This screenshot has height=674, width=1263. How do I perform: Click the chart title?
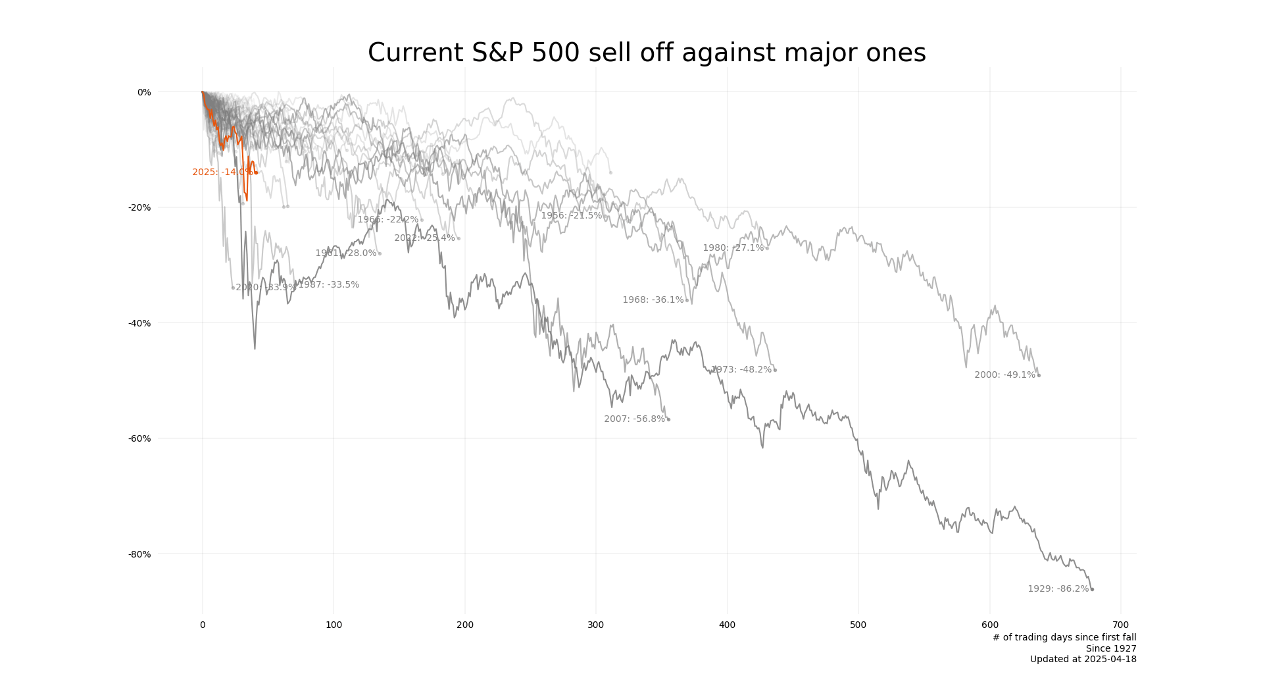tap(647, 53)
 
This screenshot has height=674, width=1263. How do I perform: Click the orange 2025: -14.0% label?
tap(222, 172)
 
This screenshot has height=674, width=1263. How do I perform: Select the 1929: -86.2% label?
tap(1058, 589)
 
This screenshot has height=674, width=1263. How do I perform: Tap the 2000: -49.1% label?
tap(1004, 375)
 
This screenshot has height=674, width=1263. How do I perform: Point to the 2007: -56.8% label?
tap(634, 419)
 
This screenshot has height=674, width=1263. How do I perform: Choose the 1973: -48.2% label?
tap(741, 370)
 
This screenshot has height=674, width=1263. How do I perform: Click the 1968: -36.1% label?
tap(653, 300)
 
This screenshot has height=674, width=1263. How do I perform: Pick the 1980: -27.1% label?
tap(733, 248)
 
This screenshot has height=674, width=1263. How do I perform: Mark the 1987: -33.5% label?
tap(328, 285)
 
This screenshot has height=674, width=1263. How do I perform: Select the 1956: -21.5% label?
tap(571, 216)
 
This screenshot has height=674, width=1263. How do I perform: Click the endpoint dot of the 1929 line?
tap(1092, 589)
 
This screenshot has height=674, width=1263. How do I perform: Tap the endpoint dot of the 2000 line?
tap(1039, 375)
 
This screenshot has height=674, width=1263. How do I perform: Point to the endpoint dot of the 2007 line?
tap(668, 419)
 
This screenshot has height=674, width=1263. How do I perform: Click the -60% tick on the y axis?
tap(139, 438)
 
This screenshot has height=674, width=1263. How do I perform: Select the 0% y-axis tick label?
tap(144, 92)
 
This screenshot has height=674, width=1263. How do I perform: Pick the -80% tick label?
tap(139, 554)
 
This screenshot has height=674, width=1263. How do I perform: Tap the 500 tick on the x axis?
tap(858, 625)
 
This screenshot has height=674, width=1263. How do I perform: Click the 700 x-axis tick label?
tap(1121, 625)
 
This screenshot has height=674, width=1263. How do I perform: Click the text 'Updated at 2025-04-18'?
tap(1083, 659)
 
